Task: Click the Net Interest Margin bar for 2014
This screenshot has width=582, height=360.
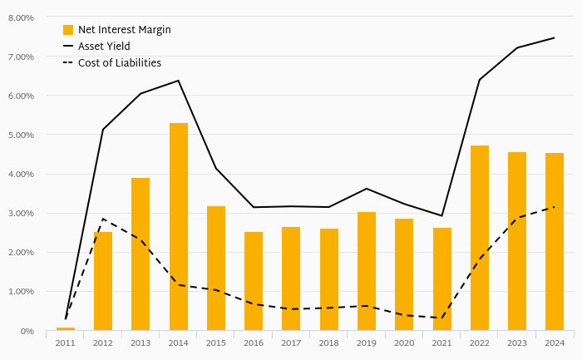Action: click(x=179, y=226)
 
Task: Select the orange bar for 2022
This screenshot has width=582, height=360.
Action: click(x=480, y=238)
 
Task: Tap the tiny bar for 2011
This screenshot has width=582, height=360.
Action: click(x=66, y=329)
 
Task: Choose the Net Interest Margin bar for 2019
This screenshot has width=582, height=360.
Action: click(x=367, y=271)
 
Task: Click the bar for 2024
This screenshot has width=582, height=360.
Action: click(x=555, y=241)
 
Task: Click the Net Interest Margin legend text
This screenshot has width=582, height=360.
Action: click(x=125, y=30)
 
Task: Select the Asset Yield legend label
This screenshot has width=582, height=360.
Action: click(x=104, y=46)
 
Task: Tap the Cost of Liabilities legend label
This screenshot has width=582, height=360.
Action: click(x=120, y=62)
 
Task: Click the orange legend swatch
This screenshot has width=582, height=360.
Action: click(x=68, y=30)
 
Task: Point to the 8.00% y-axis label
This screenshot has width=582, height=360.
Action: click(x=20, y=17)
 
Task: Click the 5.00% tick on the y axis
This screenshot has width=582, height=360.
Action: click(x=20, y=135)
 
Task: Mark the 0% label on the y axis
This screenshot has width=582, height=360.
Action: click(x=27, y=331)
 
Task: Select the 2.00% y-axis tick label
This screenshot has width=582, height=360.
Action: click(x=20, y=253)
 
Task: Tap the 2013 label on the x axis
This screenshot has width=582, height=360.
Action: click(x=141, y=343)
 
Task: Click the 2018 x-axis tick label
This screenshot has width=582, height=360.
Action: click(x=329, y=343)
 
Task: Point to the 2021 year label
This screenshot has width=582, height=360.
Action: click(x=441, y=343)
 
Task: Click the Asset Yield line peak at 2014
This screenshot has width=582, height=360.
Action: click(x=179, y=81)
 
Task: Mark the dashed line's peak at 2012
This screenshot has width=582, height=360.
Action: click(x=103, y=219)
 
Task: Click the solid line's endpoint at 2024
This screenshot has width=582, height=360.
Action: click(x=555, y=37)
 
